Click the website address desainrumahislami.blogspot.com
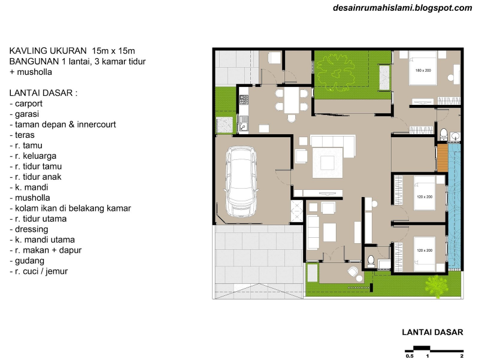403,8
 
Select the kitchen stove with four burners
244,99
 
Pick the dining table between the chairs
291,99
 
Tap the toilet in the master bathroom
444,132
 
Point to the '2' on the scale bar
462,356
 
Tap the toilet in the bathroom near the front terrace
371,261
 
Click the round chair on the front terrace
353,272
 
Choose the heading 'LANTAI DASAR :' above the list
44,93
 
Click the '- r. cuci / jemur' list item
39,271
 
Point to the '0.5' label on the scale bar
410,356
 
